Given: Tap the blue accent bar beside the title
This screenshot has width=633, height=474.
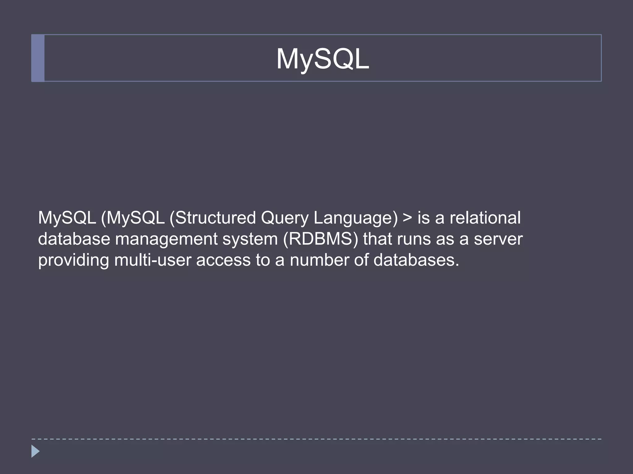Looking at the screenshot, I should coord(38,58).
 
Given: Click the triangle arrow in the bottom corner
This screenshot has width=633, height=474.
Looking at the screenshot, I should coord(36,451).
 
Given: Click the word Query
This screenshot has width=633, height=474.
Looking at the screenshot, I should coord(285,218).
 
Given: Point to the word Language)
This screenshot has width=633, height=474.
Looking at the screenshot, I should coord(355,218).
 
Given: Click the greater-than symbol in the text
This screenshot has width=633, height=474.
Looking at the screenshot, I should coord(408,218).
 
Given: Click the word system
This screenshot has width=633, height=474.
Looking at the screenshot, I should coord(250,239).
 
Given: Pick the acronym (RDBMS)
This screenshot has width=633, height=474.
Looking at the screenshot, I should coord(321,239).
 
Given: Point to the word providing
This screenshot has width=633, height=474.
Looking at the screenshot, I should coord(74,260).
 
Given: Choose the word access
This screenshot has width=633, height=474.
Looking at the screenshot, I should coord(223,260).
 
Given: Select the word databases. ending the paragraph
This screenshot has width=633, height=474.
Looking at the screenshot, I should coord(416,260).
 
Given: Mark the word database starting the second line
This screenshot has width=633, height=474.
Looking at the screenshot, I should coord(74,239).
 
